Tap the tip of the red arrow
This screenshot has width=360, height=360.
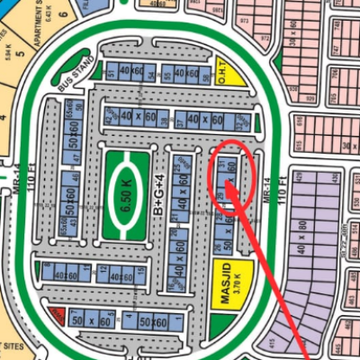pos(227,183)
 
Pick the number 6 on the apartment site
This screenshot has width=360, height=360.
pos(42,33)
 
